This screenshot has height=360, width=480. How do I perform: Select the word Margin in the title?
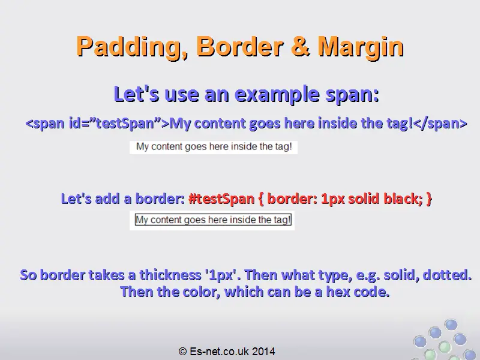click(x=361, y=47)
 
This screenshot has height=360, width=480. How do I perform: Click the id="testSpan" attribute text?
click(x=115, y=124)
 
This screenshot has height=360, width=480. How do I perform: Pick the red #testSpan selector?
click(x=221, y=199)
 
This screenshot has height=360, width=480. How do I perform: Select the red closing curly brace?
click(x=429, y=199)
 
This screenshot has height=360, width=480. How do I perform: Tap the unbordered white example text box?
click(x=214, y=147)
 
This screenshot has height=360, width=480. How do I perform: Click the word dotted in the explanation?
click(x=447, y=275)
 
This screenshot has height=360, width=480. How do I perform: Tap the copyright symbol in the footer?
click(x=183, y=351)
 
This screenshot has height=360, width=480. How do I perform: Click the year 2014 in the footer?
click(x=263, y=351)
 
